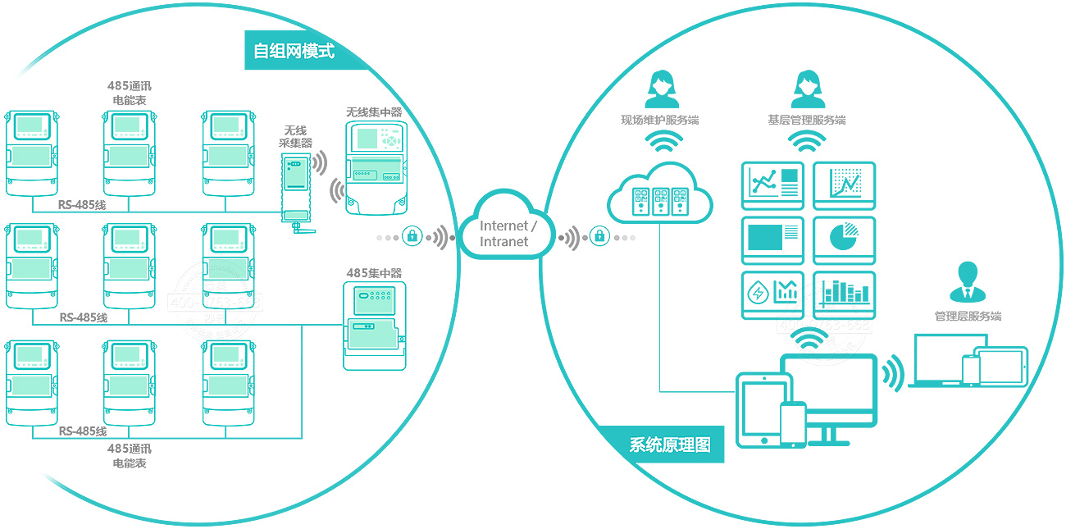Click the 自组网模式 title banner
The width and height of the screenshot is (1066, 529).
point(294,51)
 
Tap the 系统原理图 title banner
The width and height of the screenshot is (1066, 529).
point(670,445)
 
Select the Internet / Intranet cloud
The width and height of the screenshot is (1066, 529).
point(508,232)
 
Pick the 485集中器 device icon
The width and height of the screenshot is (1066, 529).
point(374,326)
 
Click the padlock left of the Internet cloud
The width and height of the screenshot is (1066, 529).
point(412,237)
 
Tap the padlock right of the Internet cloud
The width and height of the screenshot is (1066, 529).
point(599,237)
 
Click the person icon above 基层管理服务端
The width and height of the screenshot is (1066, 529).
point(807,89)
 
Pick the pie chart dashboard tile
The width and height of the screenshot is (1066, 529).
point(844,239)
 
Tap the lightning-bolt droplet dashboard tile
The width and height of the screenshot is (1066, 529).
point(772,294)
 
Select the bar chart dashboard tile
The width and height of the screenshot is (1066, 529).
point(844,294)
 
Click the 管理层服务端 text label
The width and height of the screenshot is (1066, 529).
point(968,317)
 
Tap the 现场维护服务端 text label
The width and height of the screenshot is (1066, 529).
point(660,121)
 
